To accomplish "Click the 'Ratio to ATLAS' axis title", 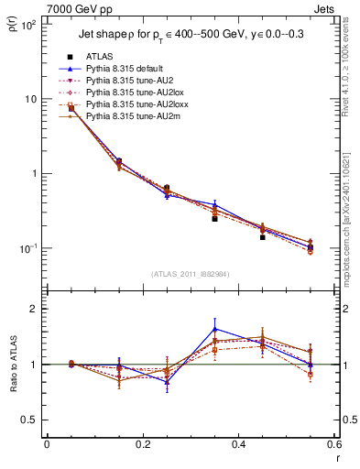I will pos(12,365).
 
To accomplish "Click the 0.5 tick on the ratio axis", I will pos(27,420).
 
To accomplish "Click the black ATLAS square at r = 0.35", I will pos(214,218).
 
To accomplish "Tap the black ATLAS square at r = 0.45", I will pos(262,237).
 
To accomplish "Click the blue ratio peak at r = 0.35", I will pos(214,329).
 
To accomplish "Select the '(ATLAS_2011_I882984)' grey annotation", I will pos(191,275).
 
